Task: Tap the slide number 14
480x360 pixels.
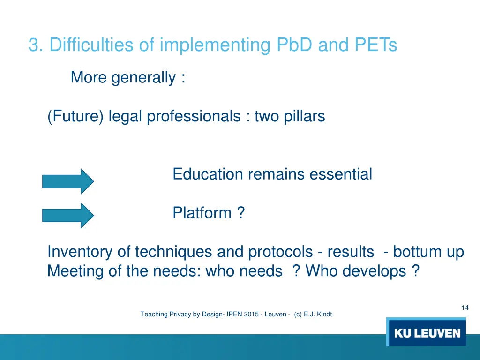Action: point(465,307)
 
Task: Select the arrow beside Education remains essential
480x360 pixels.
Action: point(68,181)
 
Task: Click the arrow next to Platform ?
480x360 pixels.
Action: point(68,215)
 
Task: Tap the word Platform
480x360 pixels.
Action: point(202,213)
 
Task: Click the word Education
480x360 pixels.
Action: point(208,174)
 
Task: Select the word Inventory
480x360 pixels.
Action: point(80,252)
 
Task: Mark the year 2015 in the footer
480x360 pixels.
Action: point(252,315)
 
